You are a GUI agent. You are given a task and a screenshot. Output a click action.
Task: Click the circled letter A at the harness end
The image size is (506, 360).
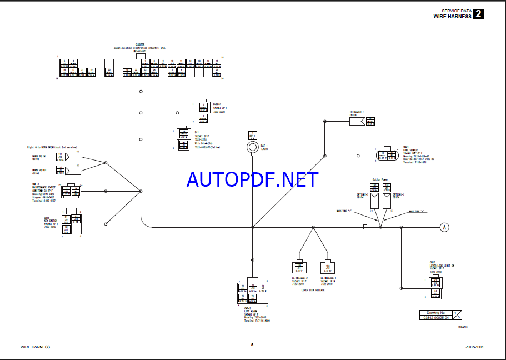point(444,227)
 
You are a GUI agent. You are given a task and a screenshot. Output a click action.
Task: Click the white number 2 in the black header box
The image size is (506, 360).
point(478,14)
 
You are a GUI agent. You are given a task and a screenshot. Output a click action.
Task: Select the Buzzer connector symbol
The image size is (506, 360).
point(203,113)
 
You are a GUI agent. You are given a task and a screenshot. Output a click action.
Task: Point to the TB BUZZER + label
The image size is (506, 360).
point(355,112)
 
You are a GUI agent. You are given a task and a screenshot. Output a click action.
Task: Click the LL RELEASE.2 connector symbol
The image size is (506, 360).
point(300,267)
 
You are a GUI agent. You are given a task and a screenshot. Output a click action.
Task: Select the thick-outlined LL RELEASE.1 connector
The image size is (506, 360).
point(328,267)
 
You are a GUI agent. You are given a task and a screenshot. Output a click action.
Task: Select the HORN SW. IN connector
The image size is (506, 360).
point(73,157)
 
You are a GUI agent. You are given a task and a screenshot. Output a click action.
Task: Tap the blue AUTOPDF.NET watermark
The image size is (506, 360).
point(253,179)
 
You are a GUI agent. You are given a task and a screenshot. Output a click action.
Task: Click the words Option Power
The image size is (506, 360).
point(380,179)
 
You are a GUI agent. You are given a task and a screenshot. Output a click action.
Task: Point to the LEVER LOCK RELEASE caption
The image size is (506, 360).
point(313,290)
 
